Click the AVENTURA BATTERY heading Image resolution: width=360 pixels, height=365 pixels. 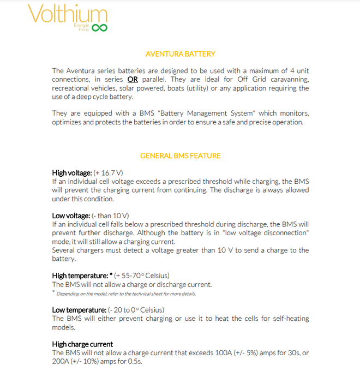(x=181, y=54)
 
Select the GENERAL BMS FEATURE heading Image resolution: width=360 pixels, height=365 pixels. (x=181, y=155)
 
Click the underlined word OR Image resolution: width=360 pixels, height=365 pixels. (x=133, y=79)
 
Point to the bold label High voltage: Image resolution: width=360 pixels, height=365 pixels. (x=72, y=172)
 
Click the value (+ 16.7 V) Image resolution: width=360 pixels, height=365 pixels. (x=110, y=172)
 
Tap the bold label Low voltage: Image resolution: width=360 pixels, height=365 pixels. (x=71, y=216)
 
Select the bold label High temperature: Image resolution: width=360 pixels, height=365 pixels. (x=80, y=276)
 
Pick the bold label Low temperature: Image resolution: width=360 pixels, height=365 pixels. (x=79, y=310)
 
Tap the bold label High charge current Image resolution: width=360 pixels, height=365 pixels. (x=82, y=344)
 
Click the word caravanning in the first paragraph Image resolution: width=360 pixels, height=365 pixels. (x=289, y=79)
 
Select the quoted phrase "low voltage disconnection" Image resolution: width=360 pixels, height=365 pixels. (x=260, y=233)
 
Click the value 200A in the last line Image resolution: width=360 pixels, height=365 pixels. (x=61, y=361)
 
